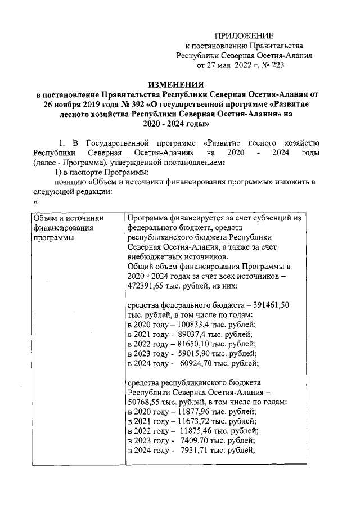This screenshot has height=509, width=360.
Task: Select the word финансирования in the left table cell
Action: click(x=64, y=228)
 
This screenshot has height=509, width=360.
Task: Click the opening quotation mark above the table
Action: click(x=35, y=202)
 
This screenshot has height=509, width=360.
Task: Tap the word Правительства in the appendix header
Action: click(x=278, y=46)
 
